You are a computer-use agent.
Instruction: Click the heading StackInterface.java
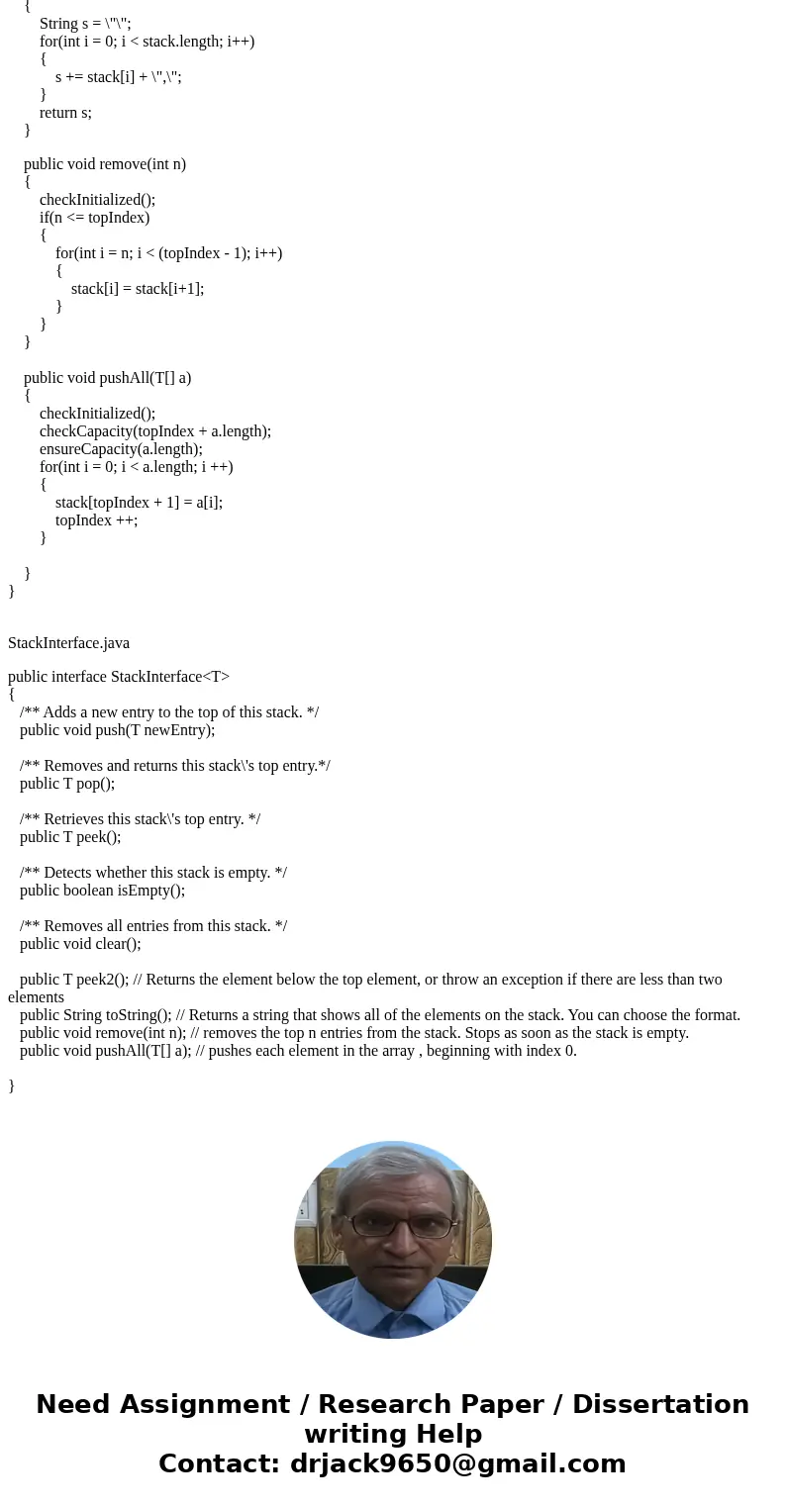(68, 643)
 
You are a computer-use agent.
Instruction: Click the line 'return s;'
(65, 113)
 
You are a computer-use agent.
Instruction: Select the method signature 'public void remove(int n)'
(105, 164)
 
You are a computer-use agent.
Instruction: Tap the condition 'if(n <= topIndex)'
(94, 218)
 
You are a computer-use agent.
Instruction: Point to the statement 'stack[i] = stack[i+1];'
(138, 289)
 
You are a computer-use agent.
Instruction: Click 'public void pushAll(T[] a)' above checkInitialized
(107, 378)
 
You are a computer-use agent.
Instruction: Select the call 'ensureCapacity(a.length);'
(121, 449)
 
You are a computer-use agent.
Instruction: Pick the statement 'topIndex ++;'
(96, 520)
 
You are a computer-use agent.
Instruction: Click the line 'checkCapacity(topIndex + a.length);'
(155, 431)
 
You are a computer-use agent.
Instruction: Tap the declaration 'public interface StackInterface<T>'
(119, 677)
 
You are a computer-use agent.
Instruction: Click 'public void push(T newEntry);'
(117, 730)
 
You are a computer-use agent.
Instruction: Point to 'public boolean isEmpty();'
(102, 891)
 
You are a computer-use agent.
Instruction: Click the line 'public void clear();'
(80, 944)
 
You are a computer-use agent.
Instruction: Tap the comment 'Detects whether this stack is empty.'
(153, 873)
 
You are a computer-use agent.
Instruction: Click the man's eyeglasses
(392, 1225)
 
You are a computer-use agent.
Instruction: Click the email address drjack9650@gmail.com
(457, 1464)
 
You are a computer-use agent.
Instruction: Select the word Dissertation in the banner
(660, 1405)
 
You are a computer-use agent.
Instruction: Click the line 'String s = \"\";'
(85, 24)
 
